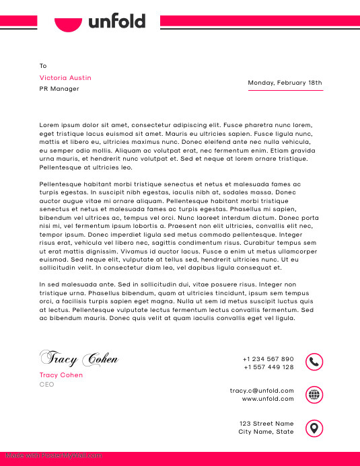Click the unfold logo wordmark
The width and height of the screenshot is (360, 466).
tap(117, 22)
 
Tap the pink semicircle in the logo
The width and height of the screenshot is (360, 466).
tap(68, 25)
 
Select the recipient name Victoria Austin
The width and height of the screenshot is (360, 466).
tap(65, 78)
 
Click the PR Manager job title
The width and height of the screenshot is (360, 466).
tap(59, 89)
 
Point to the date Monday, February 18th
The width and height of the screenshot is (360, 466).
tap(285, 83)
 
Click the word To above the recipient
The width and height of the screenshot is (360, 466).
tap(43, 66)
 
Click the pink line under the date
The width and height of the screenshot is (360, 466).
tap(285, 90)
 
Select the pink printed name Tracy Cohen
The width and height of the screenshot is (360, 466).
tap(61, 375)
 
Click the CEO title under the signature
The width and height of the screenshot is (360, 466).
tap(46, 385)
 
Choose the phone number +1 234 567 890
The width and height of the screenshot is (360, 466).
tap(268, 359)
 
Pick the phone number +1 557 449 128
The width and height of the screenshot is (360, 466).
tap(268, 367)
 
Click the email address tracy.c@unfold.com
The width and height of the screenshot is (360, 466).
tap(262, 391)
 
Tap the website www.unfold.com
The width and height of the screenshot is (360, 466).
tap(268, 399)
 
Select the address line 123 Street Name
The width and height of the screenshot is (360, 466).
tap(266, 424)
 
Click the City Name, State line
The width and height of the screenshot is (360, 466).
tap(266, 432)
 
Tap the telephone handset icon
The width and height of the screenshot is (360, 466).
tap(314, 362)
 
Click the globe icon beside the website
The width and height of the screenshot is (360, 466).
tap(314, 395)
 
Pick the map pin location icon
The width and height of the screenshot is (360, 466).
tap(314, 428)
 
